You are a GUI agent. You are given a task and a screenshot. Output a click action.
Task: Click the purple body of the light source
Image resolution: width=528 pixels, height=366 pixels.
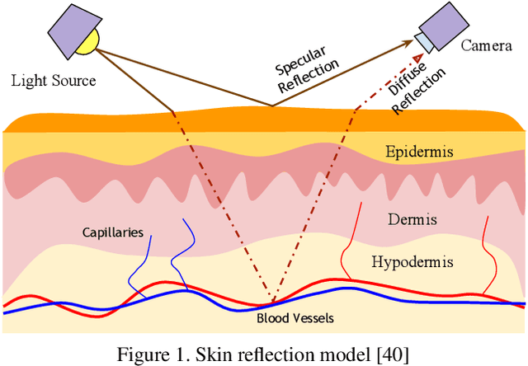[x=70, y=30]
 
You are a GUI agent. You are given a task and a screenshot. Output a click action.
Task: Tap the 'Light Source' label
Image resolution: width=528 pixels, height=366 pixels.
[x=54, y=81]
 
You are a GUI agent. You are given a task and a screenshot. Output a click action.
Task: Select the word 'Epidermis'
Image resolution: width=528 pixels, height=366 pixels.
[x=419, y=152]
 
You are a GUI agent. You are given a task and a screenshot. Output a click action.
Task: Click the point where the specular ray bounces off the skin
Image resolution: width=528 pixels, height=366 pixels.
[x=271, y=106]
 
